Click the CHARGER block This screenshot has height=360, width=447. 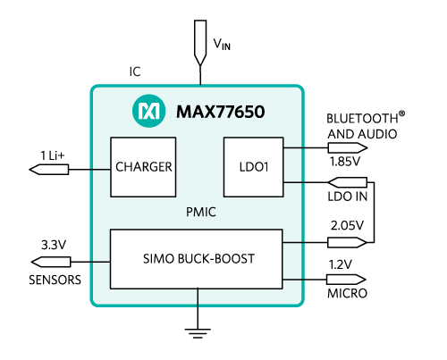[x=143, y=167]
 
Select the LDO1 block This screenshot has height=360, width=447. [x=254, y=167]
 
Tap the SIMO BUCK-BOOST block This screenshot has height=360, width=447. [x=196, y=259]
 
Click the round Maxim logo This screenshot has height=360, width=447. [x=148, y=111]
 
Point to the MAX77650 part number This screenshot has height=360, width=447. [x=221, y=112]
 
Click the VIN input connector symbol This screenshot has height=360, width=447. [x=200, y=43]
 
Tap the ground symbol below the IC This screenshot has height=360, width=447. [x=198, y=333]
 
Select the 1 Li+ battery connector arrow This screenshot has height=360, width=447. [x=49, y=170]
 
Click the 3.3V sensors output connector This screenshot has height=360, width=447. [x=51, y=262]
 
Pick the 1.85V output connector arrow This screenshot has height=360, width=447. [x=348, y=147]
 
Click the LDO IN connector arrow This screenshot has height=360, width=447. [x=348, y=182]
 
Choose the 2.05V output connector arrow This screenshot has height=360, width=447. [x=348, y=242]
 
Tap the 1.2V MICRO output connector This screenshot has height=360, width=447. [x=346, y=280]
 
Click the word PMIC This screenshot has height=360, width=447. [x=201, y=213]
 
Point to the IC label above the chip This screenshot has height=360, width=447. [x=135, y=71]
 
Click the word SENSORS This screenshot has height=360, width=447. [x=55, y=280]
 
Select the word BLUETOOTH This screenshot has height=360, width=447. [x=362, y=119]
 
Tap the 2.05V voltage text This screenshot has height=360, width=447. [x=347, y=225]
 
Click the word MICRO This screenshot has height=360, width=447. [x=347, y=294]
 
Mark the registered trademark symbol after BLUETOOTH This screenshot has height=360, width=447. [x=401, y=113]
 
